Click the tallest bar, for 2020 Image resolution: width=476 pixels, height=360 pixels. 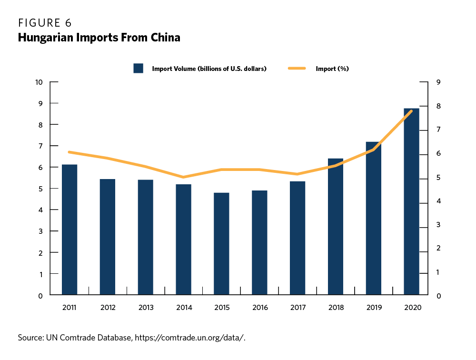tap(411, 202)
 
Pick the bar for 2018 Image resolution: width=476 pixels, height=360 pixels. tap(336, 227)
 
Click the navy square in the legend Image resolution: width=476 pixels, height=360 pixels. tap(139, 68)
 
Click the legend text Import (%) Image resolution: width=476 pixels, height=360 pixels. tap(332, 69)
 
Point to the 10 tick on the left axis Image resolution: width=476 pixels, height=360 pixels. tap(39, 82)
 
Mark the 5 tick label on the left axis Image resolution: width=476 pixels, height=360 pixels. tap(41, 189)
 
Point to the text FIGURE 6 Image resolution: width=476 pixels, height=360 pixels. tap(45, 23)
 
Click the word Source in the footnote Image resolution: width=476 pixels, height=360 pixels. tap(30, 338)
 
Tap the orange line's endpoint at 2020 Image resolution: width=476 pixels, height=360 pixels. tap(411, 111)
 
